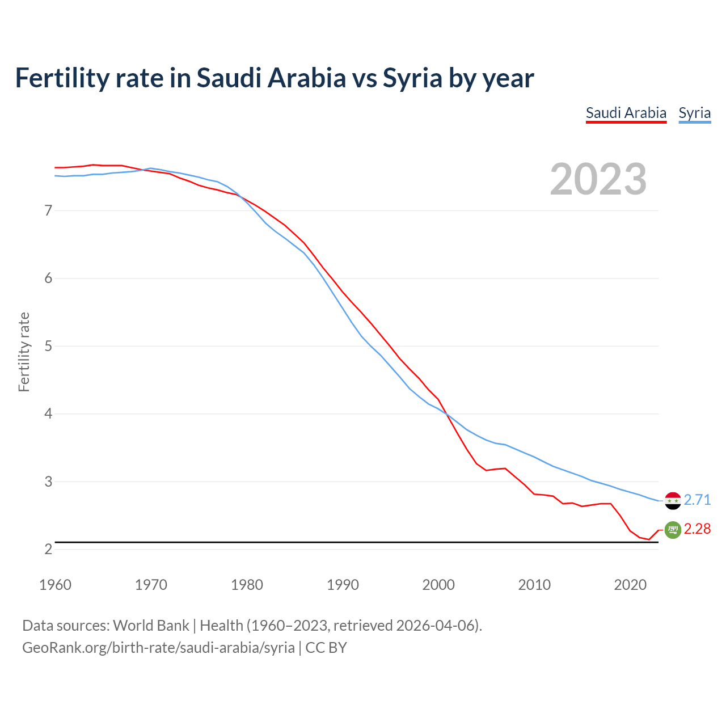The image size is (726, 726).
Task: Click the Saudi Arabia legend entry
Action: point(626,113)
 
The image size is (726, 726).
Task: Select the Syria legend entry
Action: point(694,113)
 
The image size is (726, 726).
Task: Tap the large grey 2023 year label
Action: point(598,179)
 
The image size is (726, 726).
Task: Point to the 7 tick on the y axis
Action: point(48,211)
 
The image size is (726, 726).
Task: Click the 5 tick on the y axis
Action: point(48,346)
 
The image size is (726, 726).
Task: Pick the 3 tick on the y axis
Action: point(48,482)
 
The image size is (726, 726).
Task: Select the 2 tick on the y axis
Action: point(48,549)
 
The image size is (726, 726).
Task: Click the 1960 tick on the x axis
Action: point(55,585)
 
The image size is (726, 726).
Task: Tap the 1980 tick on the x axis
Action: point(247,585)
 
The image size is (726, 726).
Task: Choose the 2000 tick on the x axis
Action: point(438,585)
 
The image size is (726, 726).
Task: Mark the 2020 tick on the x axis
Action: point(630,585)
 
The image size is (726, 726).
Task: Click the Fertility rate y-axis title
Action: point(24,352)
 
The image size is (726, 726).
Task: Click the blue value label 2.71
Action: point(697,500)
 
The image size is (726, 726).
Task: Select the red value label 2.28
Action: point(697,529)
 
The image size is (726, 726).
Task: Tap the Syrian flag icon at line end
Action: point(673,501)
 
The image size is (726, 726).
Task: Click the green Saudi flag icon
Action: point(673,530)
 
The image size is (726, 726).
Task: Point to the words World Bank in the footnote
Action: point(151,626)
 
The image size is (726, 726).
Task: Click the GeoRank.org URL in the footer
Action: point(158,648)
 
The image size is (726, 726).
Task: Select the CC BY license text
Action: point(326,648)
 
